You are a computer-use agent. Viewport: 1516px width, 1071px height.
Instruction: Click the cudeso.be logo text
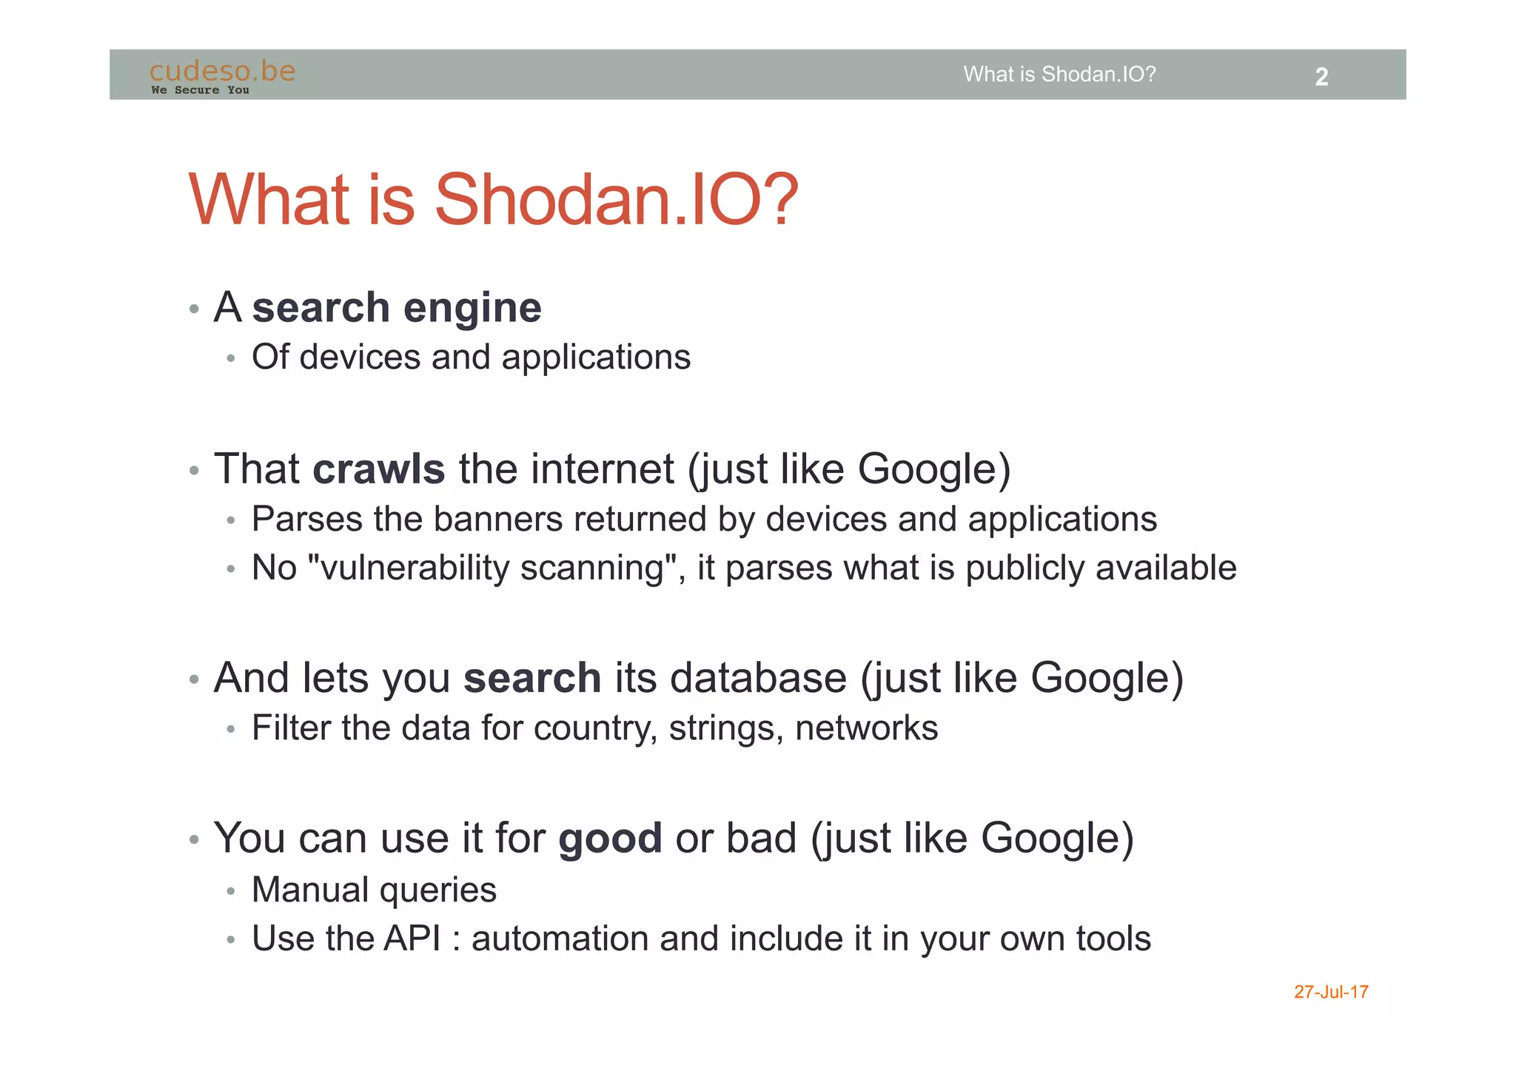coord(222,71)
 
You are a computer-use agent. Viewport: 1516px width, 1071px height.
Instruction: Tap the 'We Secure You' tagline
coord(200,90)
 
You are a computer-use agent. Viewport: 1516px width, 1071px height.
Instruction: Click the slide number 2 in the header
coord(1321,77)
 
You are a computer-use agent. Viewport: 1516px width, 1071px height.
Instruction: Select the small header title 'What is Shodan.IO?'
coord(1059,74)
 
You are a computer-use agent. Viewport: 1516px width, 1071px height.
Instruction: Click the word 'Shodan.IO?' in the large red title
coord(616,200)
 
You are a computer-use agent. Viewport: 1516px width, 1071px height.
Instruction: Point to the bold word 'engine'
coord(472,308)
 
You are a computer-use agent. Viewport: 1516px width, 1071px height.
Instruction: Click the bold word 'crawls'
coord(378,469)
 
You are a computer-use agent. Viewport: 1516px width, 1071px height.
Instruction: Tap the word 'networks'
coord(866,728)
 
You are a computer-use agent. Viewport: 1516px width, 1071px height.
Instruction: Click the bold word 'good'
coord(610,839)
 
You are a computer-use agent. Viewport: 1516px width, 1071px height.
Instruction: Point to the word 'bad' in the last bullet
coord(761,839)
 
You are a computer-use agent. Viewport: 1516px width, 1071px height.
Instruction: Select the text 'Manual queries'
coord(374,890)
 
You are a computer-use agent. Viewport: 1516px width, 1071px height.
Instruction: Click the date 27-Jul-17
coord(1330,992)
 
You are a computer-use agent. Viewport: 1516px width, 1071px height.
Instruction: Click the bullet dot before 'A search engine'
coord(194,309)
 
